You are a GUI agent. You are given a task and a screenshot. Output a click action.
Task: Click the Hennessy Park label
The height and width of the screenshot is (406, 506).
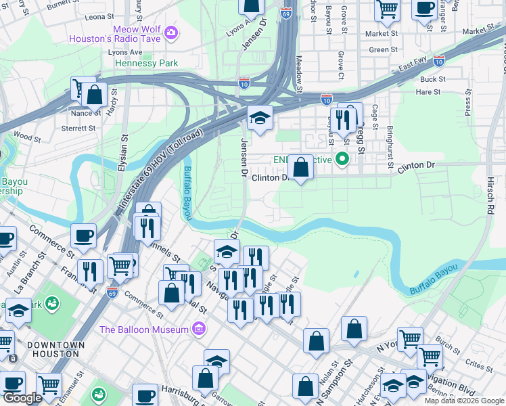pos(147,63)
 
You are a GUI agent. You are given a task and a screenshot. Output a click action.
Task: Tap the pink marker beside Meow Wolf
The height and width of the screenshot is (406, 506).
pos(171,32)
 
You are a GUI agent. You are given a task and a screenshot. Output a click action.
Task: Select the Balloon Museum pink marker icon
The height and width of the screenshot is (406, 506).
pos(199,330)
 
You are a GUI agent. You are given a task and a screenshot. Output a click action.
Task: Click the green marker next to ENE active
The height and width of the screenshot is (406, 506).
pos(342,160)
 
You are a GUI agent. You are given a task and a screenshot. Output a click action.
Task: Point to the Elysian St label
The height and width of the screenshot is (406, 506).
pos(124,156)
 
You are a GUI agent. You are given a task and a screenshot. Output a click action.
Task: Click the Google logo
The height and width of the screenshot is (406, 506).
pos(22,399)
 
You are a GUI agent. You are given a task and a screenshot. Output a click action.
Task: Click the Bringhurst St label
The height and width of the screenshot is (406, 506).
pos(390,146)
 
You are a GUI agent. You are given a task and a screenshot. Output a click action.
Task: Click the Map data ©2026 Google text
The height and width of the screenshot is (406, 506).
pos(463,401)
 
